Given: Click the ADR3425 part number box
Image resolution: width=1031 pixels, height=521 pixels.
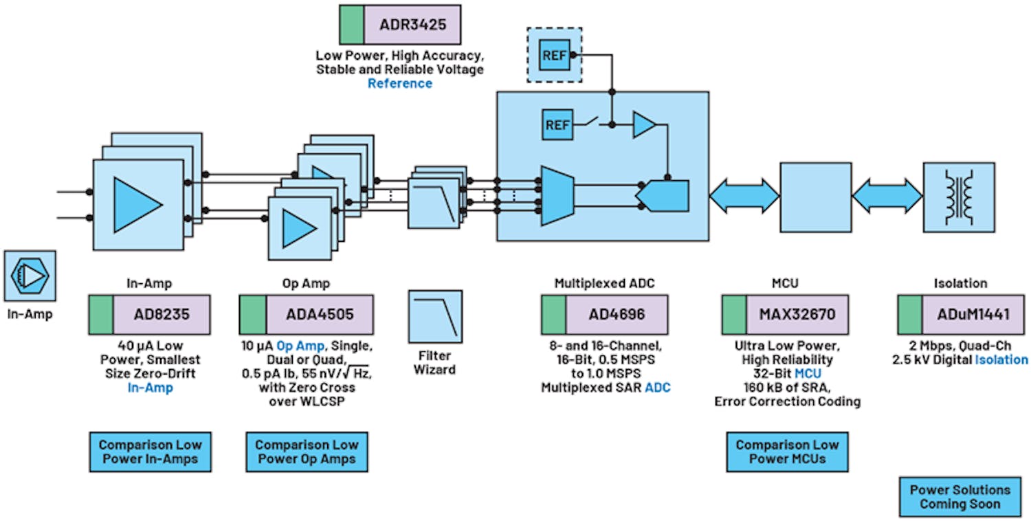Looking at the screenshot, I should pyautogui.click(x=400, y=25).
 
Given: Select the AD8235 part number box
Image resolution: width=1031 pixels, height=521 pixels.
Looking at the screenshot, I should pyautogui.click(x=149, y=315).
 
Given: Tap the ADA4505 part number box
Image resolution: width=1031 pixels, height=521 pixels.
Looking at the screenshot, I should pyautogui.click(x=307, y=315).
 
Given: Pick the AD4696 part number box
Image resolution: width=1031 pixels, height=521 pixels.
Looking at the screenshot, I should pyautogui.click(x=604, y=315).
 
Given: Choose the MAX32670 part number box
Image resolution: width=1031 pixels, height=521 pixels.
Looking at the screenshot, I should pyautogui.click(x=785, y=315).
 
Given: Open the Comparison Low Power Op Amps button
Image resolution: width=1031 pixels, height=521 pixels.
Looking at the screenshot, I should pyautogui.click(x=307, y=452).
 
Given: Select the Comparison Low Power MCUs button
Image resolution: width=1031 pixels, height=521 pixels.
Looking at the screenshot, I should pyautogui.click(x=787, y=452).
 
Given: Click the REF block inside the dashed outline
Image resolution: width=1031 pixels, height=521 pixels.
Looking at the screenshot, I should pyautogui.click(x=554, y=55).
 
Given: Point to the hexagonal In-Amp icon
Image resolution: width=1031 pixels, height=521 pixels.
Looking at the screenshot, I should pyautogui.click(x=30, y=276).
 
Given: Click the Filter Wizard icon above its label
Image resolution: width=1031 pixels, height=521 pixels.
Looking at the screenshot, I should pyautogui.click(x=435, y=316).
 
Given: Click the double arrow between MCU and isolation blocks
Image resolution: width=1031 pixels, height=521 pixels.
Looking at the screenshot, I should pyautogui.click(x=887, y=196).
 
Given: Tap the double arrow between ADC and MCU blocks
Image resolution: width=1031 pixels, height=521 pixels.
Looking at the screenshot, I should pyautogui.click(x=744, y=196).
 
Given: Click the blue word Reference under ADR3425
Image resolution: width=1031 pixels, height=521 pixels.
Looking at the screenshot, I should pyautogui.click(x=400, y=84).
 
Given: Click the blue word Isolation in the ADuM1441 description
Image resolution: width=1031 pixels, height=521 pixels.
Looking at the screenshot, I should pyautogui.click(x=1001, y=359).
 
